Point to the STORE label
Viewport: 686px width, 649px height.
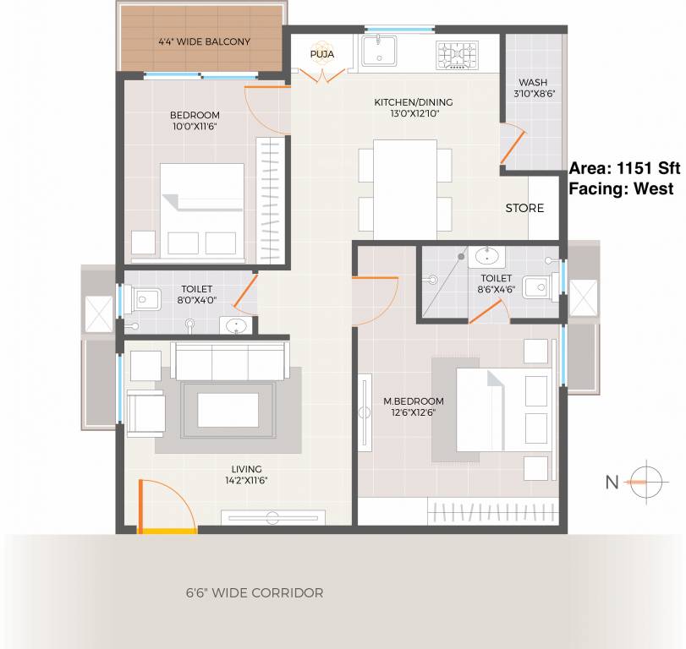(524, 208)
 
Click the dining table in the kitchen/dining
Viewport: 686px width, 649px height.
(404, 188)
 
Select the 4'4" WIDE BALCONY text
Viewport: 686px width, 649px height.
(204, 41)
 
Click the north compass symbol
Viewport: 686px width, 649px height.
(645, 483)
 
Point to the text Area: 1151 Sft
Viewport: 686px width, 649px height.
(624, 167)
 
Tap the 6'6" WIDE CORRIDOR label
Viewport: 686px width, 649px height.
(255, 593)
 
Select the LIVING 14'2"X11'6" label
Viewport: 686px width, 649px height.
(246, 475)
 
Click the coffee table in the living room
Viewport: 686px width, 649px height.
(228, 410)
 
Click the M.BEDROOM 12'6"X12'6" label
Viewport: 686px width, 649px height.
(413, 406)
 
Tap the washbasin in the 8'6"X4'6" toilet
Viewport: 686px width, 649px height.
(486, 257)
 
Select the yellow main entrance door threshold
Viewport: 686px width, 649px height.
(167, 531)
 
